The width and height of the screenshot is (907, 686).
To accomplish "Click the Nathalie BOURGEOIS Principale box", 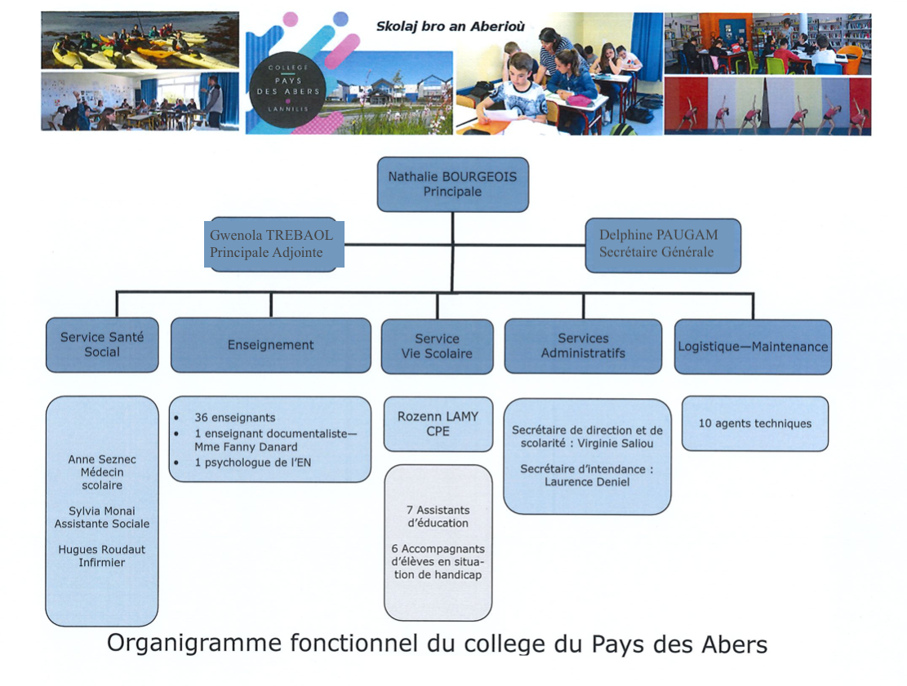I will pyautogui.click(x=452, y=184).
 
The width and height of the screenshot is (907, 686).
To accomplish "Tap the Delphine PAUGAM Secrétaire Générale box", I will pyautogui.click(x=663, y=245).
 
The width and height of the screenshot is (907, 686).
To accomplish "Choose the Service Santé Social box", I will pyautogui.click(x=102, y=345).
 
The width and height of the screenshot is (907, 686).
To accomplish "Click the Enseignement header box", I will pyautogui.click(x=270, y=345).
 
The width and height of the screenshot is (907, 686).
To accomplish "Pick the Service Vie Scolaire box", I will pyautogui.click(x=437, y=346).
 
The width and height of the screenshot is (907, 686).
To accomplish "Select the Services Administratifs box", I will pyautogui.click(x=583, y=346).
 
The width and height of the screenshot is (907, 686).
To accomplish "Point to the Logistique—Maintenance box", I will pyautogui.click(x=753, y=346).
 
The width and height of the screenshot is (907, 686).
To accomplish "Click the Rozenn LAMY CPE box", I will pyautogui.click(x=438, y=423).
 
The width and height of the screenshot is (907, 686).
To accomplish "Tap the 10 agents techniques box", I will pyautogui.click(x=755, y=423).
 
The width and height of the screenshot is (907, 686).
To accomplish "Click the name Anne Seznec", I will pyautogui.click(x=102, y=459).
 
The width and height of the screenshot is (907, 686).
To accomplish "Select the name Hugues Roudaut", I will pyautogui.click(x=102, y=550).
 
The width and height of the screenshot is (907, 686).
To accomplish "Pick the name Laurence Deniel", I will pyautogui.click(x=587, y=482).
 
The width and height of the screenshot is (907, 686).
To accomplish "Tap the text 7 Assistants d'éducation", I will pyautogui.click(x=438, y=516).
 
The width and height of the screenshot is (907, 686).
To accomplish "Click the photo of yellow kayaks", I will pyautogui.click(x=140, y=41).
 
